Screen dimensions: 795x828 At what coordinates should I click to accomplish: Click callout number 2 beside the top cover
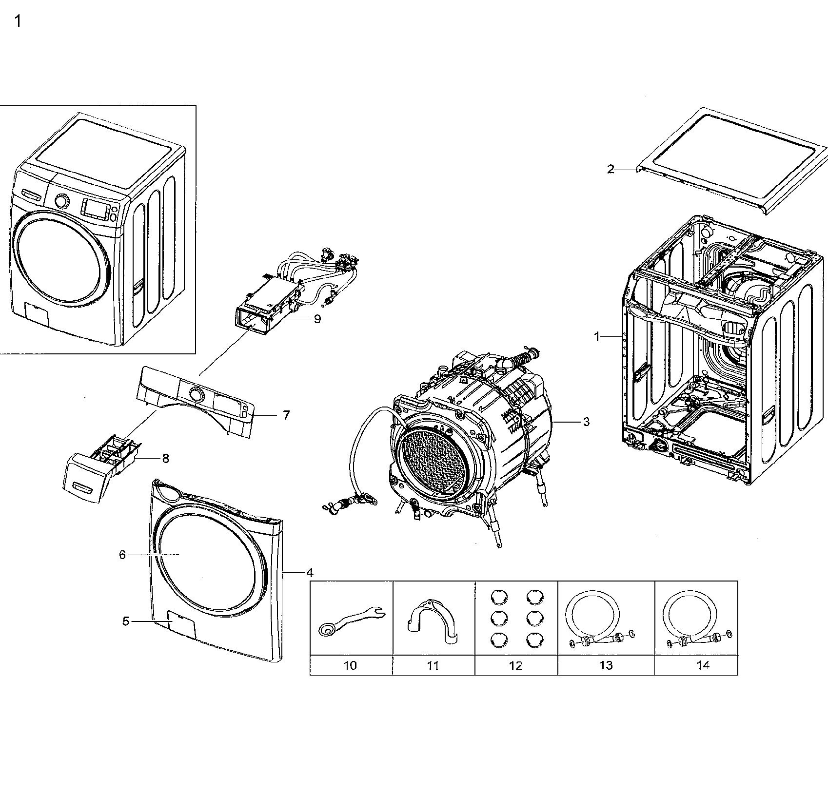611,169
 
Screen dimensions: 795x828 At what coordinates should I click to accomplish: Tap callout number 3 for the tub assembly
586,422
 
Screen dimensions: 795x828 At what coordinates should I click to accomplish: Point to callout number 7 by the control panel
286,415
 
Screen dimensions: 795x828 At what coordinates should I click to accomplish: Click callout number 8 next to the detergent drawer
166,458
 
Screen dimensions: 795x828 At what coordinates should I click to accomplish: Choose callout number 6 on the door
122,555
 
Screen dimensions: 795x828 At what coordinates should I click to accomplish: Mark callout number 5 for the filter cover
125,621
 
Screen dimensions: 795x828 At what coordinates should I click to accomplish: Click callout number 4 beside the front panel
310,572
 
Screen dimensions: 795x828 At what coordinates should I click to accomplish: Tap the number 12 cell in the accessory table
515,665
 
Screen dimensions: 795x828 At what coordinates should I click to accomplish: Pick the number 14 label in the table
703,665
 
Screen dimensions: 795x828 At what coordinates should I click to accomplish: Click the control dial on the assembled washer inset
61,201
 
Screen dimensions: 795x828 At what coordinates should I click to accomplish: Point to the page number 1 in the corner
18,22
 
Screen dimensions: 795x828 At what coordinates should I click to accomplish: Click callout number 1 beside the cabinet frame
596,336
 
